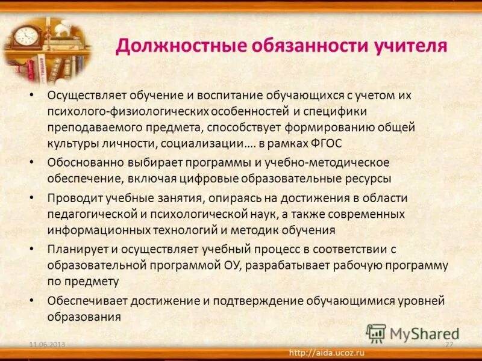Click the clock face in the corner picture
point(26,35)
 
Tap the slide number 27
point(448,344)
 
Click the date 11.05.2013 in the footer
point(48,344)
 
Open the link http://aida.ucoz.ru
point(328,351)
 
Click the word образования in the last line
point(84,316)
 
